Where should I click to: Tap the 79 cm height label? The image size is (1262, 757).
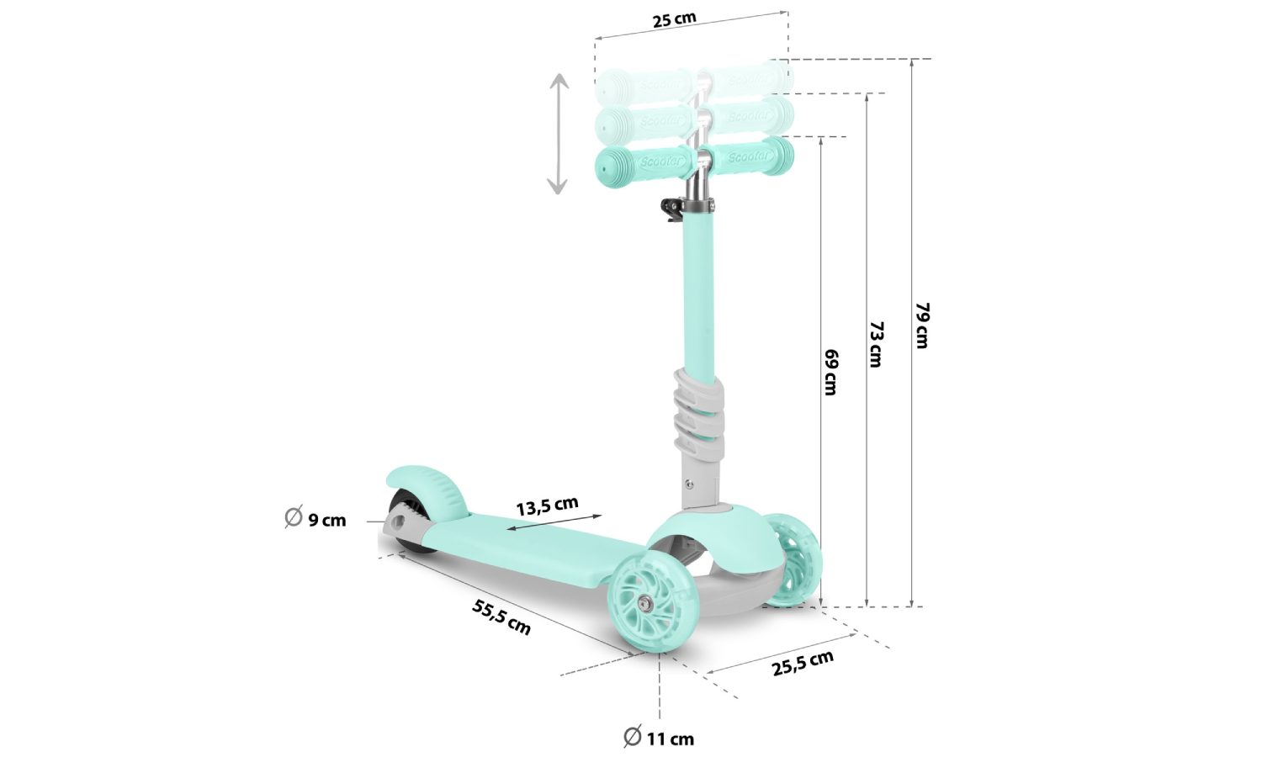pyautogui.click(x=921, y=325)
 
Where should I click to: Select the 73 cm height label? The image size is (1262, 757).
pyautogui.click(x=875, y=343)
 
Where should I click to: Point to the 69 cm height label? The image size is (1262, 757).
pyautogui.click(x=830, y=372)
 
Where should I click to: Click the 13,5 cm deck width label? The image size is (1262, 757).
pyautogui.click(x=547, y=506)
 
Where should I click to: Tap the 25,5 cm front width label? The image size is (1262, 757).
pyautogui.click(x=803, y=663)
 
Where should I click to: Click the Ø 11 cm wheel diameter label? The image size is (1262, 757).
pyautogui.click(x=659, y=738)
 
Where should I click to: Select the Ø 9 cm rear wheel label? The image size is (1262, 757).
pyautogui.click(x=315, y=519)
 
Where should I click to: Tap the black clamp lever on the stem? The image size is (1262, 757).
pyautogui.click(x=671, y=209)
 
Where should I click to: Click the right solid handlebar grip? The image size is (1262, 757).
pyautogui.click(x=749, y=156)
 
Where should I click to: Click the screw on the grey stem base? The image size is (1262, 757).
pyautogui.click(x=690, y=484)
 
